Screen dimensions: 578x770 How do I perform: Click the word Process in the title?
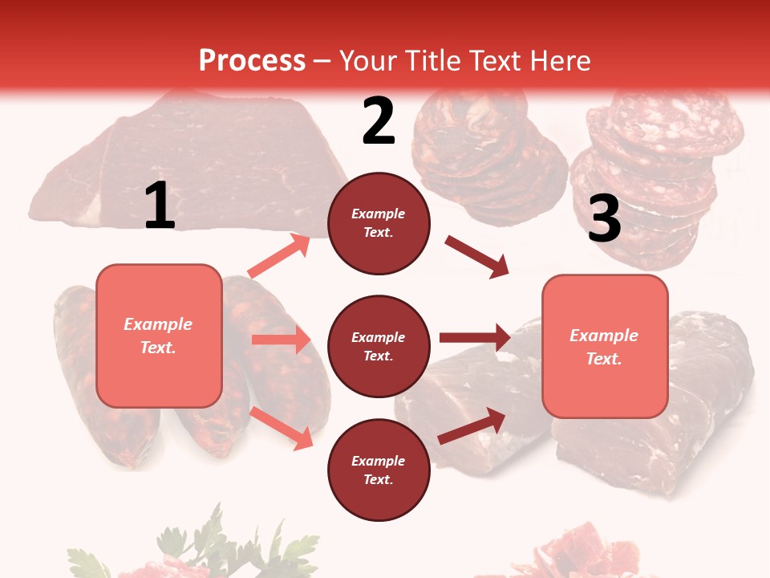pos(252,61)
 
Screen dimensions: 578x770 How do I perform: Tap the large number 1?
pos(160,206)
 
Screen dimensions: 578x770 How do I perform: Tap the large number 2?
pos(378,121)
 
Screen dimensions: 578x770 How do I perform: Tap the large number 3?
pos(604,218)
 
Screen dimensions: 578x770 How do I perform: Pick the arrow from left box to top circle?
pos(279,256)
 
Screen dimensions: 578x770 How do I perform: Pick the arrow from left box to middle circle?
pos(281,340)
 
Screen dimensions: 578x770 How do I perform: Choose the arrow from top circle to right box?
pos(476,257)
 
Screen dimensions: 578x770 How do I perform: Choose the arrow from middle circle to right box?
pos(474,337)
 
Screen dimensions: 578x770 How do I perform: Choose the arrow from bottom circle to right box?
pos(472,425)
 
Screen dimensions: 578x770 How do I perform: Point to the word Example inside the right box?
pos(604,336)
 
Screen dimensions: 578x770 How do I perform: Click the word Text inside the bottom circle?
pos(378,479)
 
